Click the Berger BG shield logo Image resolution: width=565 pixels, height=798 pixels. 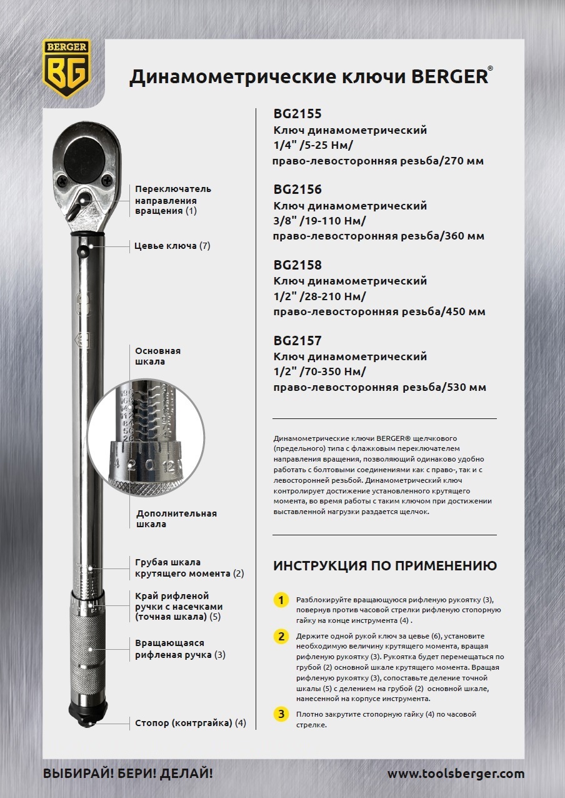[x=66, y=68]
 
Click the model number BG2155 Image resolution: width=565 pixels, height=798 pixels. [x=297, y=114]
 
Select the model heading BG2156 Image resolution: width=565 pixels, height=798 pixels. [x=297, y=189]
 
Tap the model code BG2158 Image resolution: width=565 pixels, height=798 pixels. [x=297, y=265]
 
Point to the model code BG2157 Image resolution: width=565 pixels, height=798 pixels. [x=297, y=341]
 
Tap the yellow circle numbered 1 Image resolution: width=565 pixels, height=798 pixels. [x=282, y=600]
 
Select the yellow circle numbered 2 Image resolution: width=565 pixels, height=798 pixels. [x=282, y=637]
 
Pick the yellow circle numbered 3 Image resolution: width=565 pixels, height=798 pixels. [x=282, y=714]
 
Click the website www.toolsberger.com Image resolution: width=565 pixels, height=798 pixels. [x=456, y=774]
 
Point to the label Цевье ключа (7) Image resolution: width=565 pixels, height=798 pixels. [x=172, y=246]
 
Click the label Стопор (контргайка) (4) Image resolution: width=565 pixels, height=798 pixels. [x=191, y=723]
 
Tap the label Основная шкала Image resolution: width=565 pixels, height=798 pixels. [x=158, y=356]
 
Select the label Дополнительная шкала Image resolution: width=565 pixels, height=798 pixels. [x=176, y=518]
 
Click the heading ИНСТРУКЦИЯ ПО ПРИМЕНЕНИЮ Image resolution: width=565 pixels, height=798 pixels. [x=385, y=566]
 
